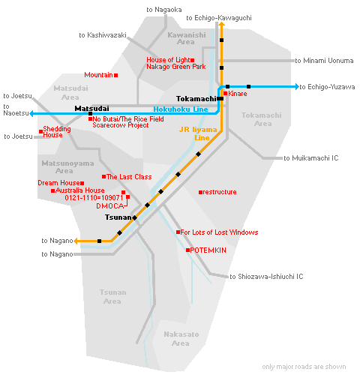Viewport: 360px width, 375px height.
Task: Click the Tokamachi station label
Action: click(196, 99)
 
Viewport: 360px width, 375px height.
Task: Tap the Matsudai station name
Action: click(91, 109)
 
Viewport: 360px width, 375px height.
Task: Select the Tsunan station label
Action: click(118, 217)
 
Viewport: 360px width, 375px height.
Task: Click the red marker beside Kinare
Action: click(225, 94)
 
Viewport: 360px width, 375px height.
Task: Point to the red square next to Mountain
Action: click(115, 75)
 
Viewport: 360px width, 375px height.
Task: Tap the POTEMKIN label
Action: click(208, 250)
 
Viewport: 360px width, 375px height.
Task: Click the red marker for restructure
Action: click(200, 192)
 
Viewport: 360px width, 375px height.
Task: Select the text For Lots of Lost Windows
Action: click(219, 232)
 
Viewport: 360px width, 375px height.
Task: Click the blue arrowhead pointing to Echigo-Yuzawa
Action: click(297, 87)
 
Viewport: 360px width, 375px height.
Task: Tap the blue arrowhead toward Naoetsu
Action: click(31, 114)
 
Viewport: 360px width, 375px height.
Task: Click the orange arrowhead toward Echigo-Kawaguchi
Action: click(221, 24)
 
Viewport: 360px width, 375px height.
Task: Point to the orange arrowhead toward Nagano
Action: click(76, 241)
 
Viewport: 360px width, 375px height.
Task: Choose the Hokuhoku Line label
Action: click(181, 109)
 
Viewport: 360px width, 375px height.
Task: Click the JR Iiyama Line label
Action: click(198, 133)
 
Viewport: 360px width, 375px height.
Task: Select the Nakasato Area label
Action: click(181, 339)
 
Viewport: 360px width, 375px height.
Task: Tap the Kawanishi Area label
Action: click(187, 38)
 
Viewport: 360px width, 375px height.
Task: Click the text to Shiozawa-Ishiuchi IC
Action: click(266, 277)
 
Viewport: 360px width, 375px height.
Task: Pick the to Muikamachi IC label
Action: click(311, 158)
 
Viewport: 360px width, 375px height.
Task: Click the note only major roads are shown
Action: click(304, 367)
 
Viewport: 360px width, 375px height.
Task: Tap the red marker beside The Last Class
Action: click(103, 177)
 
